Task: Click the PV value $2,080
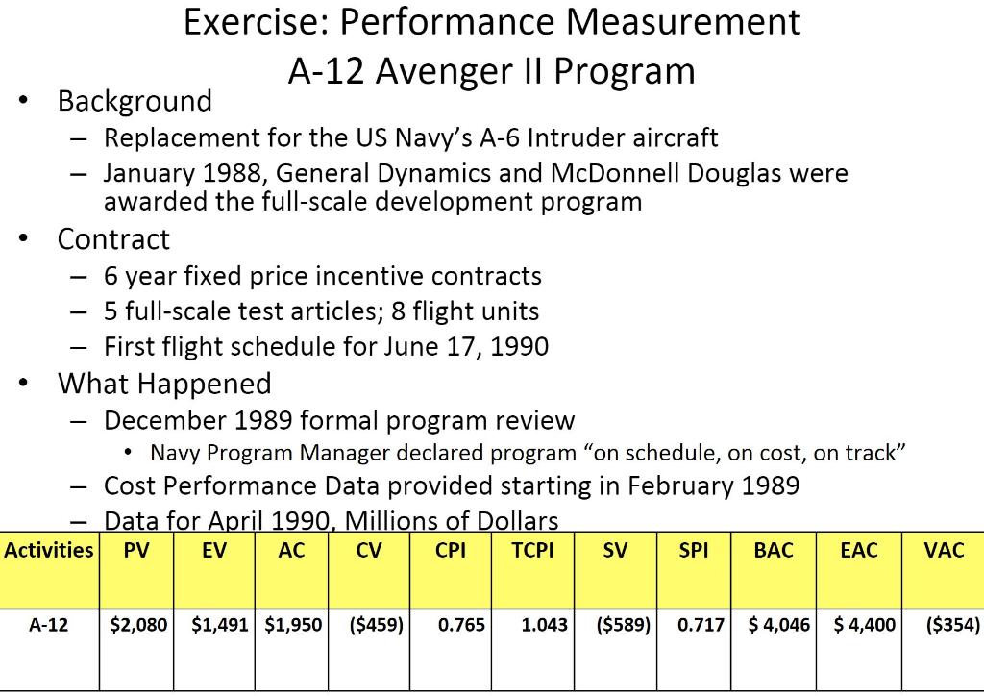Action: point(139,625)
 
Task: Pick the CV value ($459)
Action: point(369,625)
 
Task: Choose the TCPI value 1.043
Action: point(544,625)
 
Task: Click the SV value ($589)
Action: point(624,625)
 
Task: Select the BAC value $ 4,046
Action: point(775,625)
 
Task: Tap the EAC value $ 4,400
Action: point(859,625)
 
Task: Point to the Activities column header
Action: point(49,551)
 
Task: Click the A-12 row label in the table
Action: point(49,625)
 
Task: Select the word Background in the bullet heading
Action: point(135,101)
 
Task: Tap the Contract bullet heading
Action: point(113,239)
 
